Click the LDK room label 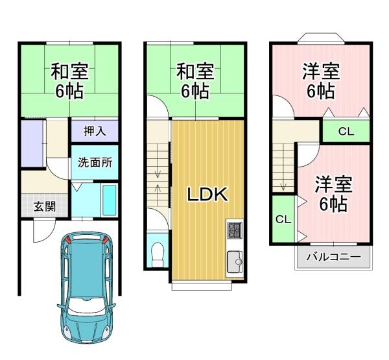click(207, 195)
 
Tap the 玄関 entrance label click(45, 206)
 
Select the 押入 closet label click(95, 131)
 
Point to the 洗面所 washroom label click(95, 163)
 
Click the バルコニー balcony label click(333, 257)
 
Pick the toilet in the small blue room click(158, 254)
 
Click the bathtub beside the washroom click(109, 200)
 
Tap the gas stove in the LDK click(235, 231)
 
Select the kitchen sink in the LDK click(235, 261)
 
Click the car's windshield click(86, 306)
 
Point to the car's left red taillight click(68, 240)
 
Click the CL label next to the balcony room click(283, 219)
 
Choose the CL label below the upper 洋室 click(346, 132)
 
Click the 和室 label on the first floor click(70, 72)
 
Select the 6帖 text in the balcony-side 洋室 click(333, 204)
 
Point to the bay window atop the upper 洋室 click(321, 38)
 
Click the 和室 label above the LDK click(195, 72)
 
